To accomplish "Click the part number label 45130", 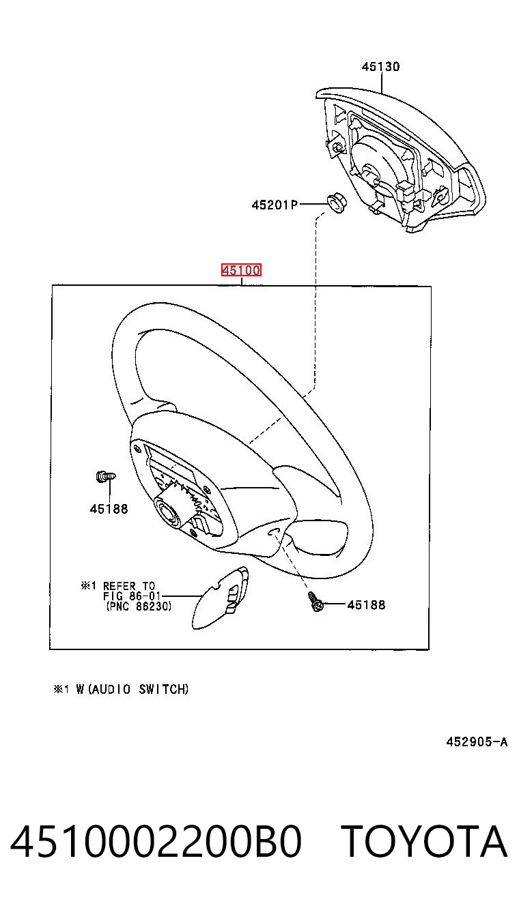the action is tap(380, 66).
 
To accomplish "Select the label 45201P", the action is tap(275, 205).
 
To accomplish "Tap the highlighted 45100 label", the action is tap(241, 269).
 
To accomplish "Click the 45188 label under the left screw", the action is tap(109, 509).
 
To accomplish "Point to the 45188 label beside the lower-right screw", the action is tap(366, 605).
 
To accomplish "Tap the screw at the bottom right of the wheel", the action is tap(315, 602).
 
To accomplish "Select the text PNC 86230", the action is tap(139, 606).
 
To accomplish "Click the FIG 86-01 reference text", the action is tap(132, 596).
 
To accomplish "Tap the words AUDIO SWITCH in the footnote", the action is tap(139, 690).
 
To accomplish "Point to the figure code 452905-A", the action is tap(477, 742).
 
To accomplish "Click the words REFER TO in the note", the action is tap(129, 586).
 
